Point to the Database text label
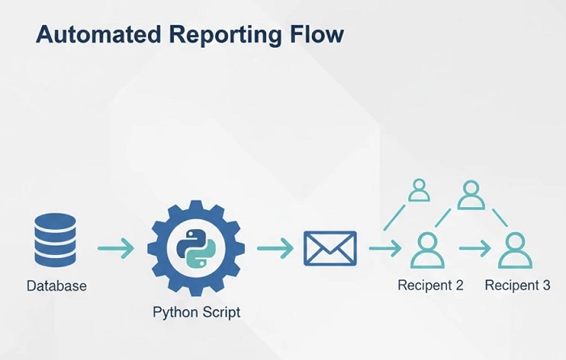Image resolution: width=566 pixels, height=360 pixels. click(x=57, y=286)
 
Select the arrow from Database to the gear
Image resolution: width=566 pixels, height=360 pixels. click(x=116, y=248)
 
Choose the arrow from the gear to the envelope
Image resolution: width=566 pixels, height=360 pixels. click(x=275, y=248)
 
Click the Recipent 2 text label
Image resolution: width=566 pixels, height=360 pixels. click(x=429, y=286)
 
